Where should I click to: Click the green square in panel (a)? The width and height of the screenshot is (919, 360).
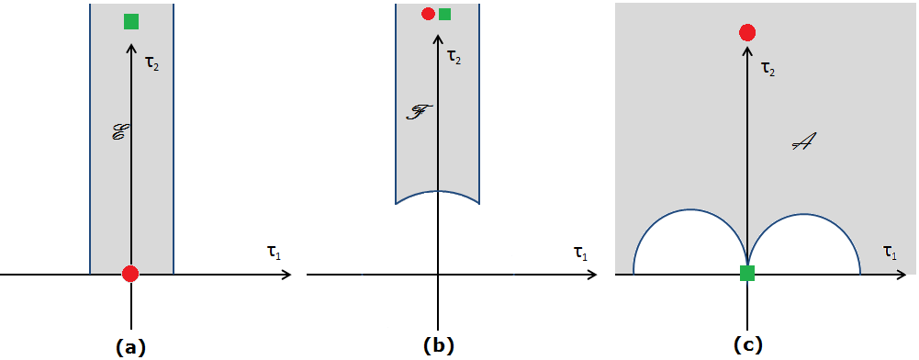(x=131, y=21)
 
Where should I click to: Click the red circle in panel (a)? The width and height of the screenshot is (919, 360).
(x=130, y=274)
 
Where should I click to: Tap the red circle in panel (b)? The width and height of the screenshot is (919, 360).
(x=428, y=14)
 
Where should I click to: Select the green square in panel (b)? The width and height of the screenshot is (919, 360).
(x=445, y=14)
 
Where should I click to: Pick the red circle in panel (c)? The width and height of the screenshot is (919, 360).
(x=747, y=33)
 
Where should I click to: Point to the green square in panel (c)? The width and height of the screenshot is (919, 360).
(x=747, y=273)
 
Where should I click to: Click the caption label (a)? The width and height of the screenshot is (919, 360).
(x=130, y=346)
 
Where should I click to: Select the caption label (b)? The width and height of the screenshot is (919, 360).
(x=439, y=346)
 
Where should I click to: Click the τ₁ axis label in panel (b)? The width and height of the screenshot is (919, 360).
(x=580, y=253)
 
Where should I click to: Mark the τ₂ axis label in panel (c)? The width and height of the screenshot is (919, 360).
(x=768, y=68)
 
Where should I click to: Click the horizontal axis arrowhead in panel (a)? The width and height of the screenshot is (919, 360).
(x=287, y=274)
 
